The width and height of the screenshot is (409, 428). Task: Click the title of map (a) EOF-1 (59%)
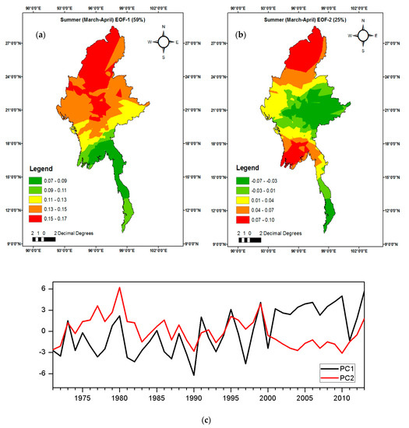coord(102,19)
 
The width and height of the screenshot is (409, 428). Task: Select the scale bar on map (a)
coord(44,239)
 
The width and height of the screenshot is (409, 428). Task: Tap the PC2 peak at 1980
coord(119,288)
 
